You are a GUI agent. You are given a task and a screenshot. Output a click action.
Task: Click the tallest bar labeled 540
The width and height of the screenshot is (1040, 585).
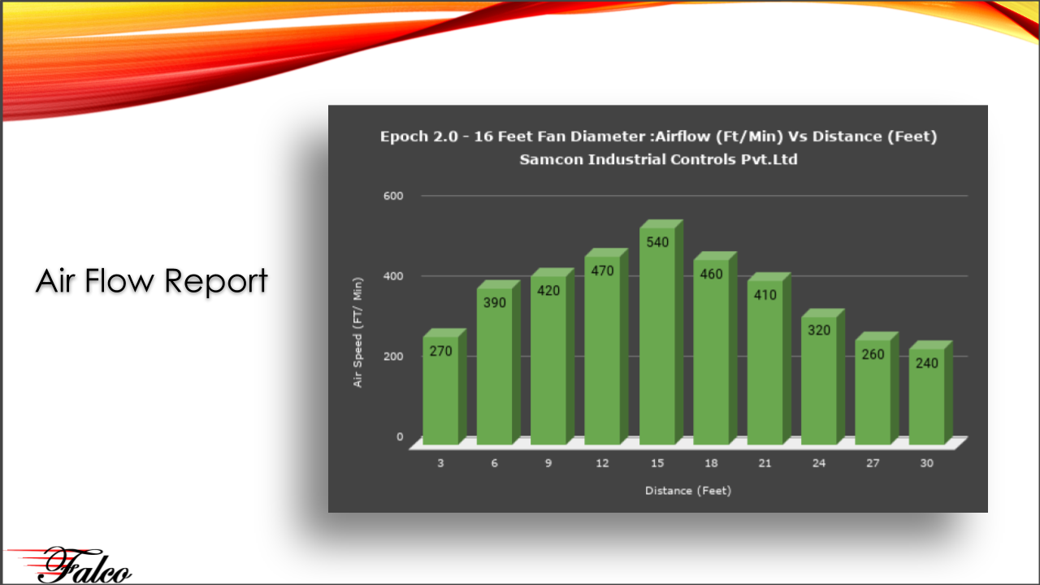[x=661, y=332]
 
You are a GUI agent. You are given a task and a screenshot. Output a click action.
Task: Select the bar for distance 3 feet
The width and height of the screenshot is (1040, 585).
[x=444, y=386]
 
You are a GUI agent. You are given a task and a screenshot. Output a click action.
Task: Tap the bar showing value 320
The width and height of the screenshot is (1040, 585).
[x=823, y=376]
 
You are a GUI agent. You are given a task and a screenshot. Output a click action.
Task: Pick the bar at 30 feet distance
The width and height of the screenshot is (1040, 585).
[x=931, y=392]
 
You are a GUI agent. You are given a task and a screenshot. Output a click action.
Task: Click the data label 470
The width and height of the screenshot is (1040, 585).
[x=602, y=271]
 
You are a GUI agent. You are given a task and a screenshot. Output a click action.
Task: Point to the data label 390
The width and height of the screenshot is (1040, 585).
[x=495, y=303]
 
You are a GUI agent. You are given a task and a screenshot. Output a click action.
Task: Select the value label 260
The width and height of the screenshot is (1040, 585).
[x=873, y=354]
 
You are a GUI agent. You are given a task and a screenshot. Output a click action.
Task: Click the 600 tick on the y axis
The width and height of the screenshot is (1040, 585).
[x=393, y=196]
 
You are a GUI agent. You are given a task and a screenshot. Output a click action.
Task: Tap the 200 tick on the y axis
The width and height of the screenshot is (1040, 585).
[x=393, y=357]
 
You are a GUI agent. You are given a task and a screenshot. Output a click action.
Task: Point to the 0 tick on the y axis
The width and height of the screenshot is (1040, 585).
[x=400, y=437]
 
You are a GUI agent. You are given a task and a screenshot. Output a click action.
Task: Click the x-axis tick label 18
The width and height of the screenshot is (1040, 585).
[x=711, y=463]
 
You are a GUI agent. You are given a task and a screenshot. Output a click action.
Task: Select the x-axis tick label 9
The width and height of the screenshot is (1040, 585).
[x=548, y=463]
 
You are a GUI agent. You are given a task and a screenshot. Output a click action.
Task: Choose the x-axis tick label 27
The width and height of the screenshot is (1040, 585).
[x=873, y=463]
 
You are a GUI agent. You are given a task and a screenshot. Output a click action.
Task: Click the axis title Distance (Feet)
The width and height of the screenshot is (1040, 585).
[x=688, y=491]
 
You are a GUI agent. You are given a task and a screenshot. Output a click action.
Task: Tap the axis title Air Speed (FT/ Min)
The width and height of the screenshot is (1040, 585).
[x=357, y=332]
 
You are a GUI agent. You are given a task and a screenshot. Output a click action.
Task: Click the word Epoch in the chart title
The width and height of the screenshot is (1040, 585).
[x=404, y=136]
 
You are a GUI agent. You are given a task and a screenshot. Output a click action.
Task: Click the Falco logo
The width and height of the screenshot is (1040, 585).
[x=70, y=564]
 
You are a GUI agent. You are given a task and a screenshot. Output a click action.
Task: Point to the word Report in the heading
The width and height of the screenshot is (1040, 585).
[x=216, y=282]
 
